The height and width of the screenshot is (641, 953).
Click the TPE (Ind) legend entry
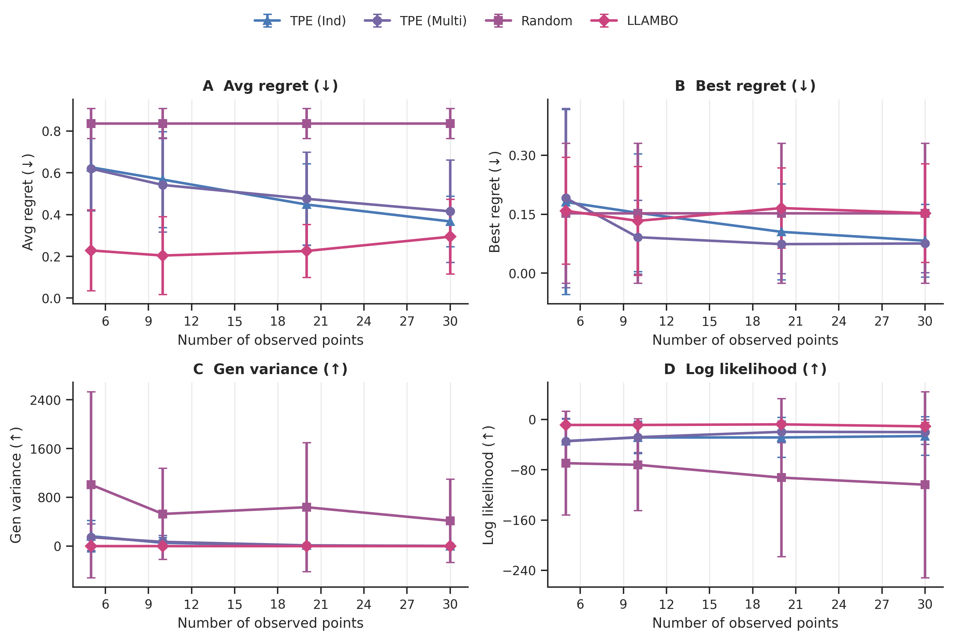tap(300, 21)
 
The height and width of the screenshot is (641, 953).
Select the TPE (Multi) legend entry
tap(415, 21)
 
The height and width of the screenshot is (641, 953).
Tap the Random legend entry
tap(529, 21)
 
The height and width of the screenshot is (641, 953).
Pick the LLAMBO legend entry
tap(635, 21)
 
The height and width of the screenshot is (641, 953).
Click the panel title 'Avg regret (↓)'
tap(270, 86)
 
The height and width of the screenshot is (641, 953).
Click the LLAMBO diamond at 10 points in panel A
tap(163, 256)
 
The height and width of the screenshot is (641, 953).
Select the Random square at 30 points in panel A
tap(450, 124)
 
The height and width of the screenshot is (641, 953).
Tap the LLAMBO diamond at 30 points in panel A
tap(450, 237)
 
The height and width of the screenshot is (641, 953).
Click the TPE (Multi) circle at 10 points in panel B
tap(637, 238)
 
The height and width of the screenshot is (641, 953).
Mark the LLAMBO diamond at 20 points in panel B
tap(781, 208)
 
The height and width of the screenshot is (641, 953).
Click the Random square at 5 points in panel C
tap(91, 485)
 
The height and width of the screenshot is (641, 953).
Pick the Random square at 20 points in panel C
tap(307, 507)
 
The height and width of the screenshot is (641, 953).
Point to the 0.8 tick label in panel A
tap(51, 132)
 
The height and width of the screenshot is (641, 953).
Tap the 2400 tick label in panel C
tap(45, 400)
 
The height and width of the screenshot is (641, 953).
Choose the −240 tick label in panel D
tap(519, 571)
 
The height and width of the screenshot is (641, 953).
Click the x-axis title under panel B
tap(745, 340)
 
